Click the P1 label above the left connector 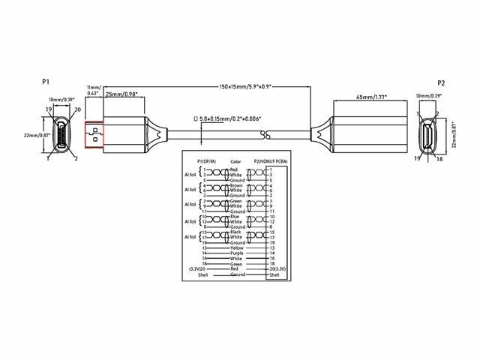(x=45, y=81)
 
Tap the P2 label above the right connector (x=442, y=82)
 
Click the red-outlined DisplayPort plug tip (x=94, y=136)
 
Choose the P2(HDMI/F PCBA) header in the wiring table (x=271, y=160)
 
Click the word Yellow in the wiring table (x=238, y=247)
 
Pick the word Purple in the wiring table (x=238, y=253)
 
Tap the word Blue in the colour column (x=235, y=217)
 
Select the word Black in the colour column (x=236, y=232)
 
